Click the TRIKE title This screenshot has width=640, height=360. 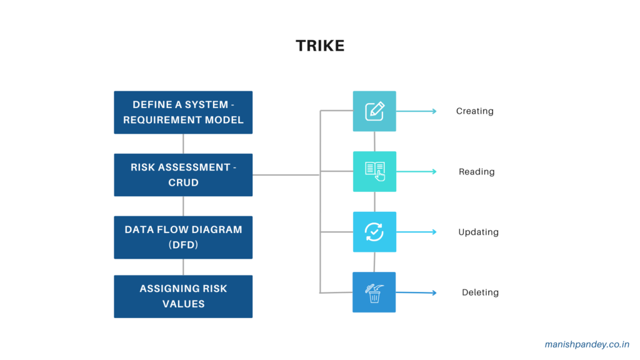click(320, 46)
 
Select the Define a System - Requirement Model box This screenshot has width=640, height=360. click(183, 112)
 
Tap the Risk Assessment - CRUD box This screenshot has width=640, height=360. click(183, 174)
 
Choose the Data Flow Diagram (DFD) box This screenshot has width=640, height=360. click(183, 237)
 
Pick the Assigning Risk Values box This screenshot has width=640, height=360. click(183, 296)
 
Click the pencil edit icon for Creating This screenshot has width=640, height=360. click(374, 111)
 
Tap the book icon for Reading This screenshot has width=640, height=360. click(374, 171)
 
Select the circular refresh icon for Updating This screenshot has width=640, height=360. click(374, 232)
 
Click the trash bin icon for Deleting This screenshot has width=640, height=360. click(374, 292)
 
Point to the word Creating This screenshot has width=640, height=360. click(474, 111)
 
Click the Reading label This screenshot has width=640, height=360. click(476, 172)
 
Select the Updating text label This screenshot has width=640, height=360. click(478, 232)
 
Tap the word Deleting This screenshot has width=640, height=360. click(480, 292)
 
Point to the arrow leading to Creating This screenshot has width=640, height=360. click(417, 111)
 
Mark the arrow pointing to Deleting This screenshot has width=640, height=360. click(417, 292)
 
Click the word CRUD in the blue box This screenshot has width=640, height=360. click(183, 182)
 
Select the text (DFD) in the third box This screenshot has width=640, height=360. click(183, 245)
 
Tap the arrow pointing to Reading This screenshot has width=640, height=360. click(417, 171)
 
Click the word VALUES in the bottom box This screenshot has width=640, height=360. click(183, 304)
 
